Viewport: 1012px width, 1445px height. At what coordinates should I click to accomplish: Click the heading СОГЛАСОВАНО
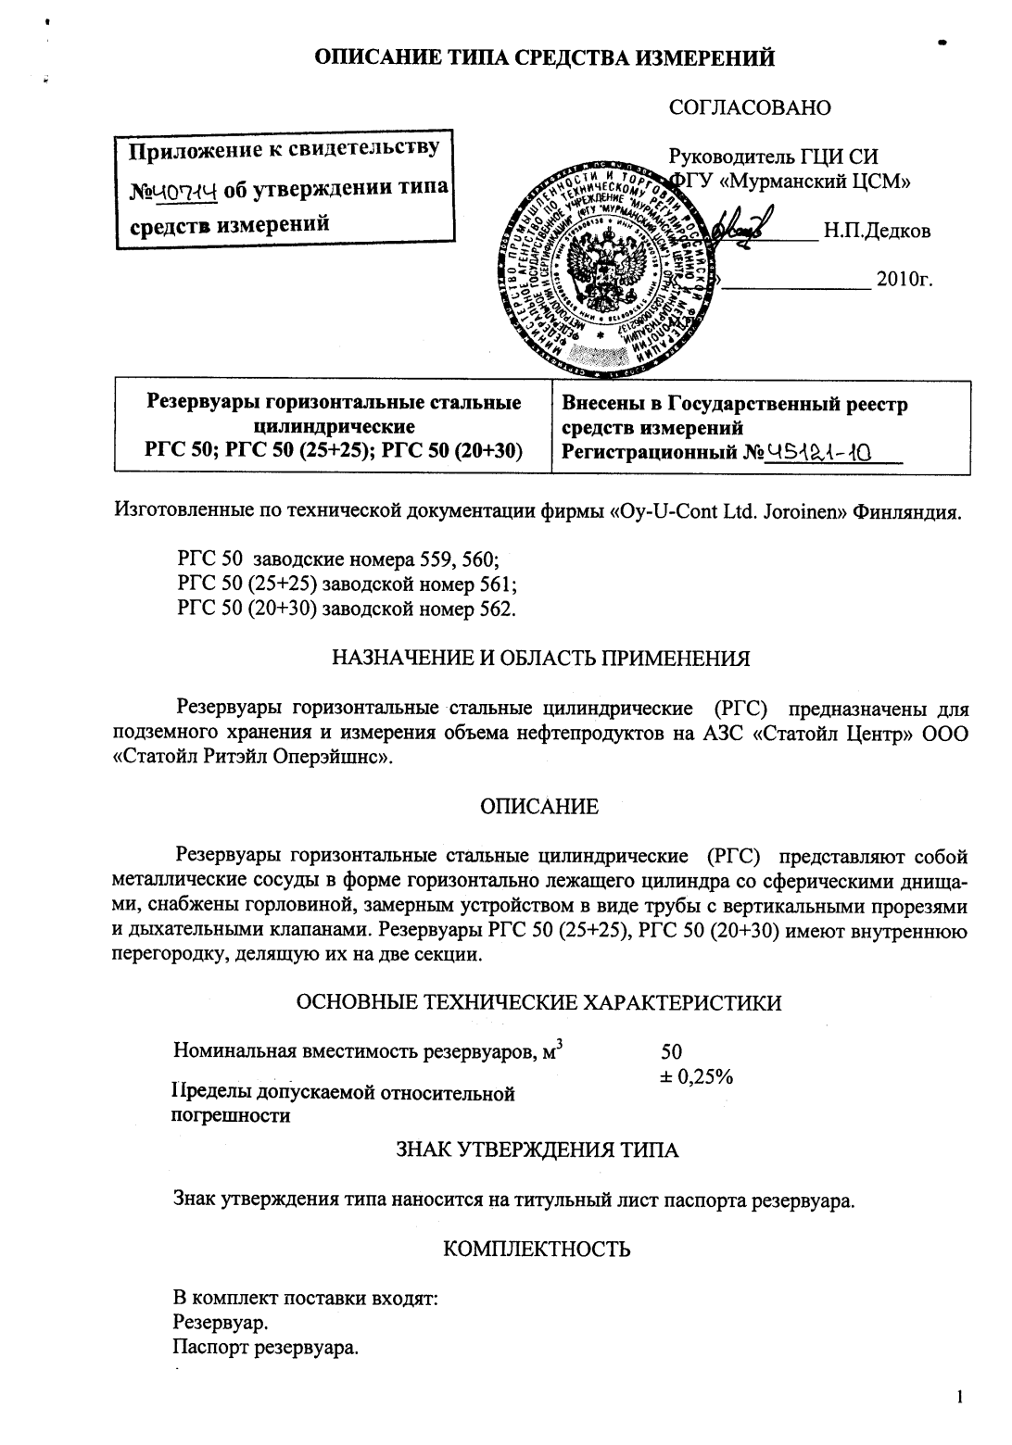tap(750, 107)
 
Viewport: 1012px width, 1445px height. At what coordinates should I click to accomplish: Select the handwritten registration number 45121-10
tap(821, 452)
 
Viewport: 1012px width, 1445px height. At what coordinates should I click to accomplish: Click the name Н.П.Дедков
tap(877, 231)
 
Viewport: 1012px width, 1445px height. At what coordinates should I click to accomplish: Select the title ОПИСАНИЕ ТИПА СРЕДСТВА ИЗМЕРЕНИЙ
tap(544, 59)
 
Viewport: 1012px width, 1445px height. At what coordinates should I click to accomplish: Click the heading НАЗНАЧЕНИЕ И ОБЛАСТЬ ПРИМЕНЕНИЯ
tap(540, 659)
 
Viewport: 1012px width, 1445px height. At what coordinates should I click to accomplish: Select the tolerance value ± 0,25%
tap(696, 1075)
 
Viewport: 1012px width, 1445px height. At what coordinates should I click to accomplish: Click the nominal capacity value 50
tap(671, 1051)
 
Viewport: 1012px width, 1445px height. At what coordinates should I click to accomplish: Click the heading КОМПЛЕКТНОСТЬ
tap(538, 1249)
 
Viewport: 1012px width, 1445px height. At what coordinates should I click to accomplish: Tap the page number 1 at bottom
tap(960, 1397)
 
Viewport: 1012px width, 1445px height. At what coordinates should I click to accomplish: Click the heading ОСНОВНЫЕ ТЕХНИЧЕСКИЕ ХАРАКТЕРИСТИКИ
tap(538, 1002)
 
